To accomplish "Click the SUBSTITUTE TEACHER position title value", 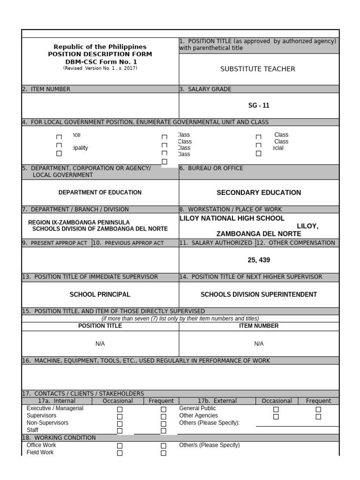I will (257, 69).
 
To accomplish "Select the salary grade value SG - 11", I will (259, 105).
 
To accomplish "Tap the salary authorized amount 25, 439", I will (259, 260).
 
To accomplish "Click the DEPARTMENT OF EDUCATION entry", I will (100, 192).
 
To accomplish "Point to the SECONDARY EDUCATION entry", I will (259, 192).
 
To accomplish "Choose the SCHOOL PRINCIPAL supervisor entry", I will (100, 294).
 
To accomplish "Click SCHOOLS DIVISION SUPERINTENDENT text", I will (259, 294).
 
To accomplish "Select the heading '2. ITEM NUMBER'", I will (46, 89).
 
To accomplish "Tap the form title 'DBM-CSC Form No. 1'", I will (100, 61).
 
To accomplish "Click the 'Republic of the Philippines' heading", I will (100, 47).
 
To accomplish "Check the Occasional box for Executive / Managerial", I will (120, 409).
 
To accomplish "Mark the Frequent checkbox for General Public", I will (318, 409).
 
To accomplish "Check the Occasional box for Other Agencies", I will (276, 416).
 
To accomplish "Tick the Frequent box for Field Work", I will (164, 453).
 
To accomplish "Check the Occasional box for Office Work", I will (120, 446).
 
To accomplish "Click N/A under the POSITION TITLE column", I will (100, 344).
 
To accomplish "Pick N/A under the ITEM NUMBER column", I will (259, 344).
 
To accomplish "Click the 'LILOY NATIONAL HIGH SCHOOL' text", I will (232, 218).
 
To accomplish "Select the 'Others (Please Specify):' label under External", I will (209, 423).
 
